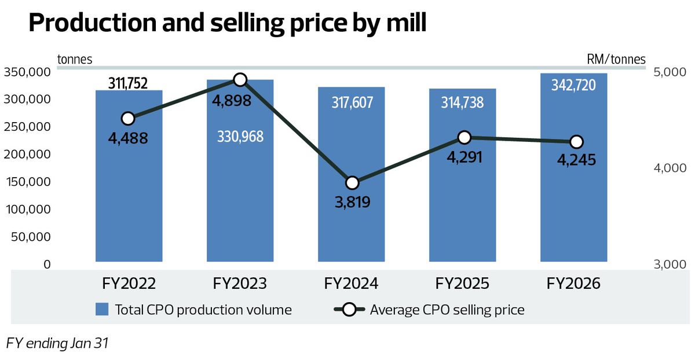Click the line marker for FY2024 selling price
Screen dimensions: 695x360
click(x=352, y=183)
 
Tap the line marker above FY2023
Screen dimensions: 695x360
click(x=240, y=80)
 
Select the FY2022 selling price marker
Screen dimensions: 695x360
click(x=128, y=119)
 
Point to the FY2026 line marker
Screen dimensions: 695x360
click(x=576, y=142)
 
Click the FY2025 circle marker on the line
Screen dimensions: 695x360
click(x=464, y=137)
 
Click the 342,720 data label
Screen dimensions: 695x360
click(x=573, y=85)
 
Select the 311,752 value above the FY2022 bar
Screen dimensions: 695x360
click(x=127, y=83)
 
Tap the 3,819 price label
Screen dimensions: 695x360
click(x=353, y=202)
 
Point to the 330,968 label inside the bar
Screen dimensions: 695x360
click(x=240, y=137)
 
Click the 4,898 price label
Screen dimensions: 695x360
click(x=232, y=101)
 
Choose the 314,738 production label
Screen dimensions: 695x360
click(x=462, y=102)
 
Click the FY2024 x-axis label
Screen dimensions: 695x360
click(x=351, y=284)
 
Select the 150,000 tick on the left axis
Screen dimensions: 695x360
click(x=27, y=182)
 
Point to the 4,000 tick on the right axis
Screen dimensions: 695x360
click(x=670, y=168)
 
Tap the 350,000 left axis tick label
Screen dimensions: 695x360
click(x=27, y=72)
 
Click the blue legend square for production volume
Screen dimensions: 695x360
click(x=102, y=310)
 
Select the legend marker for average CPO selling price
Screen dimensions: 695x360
click(x=349, y=310)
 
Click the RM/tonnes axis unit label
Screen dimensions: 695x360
click(x=616, y=59)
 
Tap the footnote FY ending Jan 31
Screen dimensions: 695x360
click(x=57, y=343)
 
